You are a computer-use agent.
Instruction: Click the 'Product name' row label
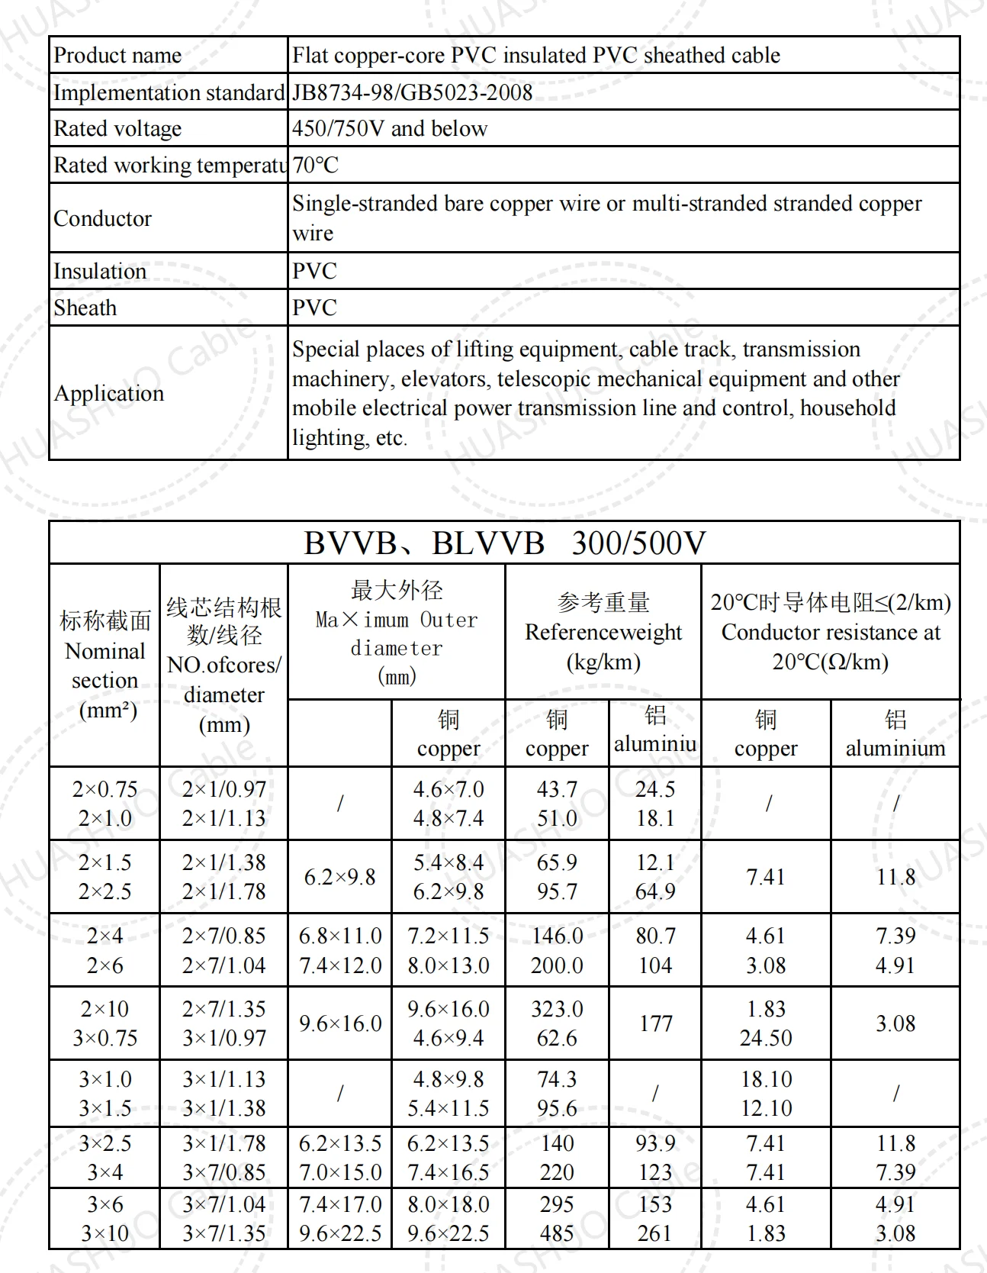[x=117, y=55]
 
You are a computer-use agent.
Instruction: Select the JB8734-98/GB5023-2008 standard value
[x=412, y=92]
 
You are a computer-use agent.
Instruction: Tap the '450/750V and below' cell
[x=389, y=128]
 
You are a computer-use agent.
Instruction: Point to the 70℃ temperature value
[x=315, y=165]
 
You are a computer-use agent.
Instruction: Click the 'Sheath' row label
[x=85, y=308]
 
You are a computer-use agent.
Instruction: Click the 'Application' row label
[x=109, y=393]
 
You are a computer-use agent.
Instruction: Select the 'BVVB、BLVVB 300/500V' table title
[x=504, y=543]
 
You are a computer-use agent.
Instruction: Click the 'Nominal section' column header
[x=105, y=666]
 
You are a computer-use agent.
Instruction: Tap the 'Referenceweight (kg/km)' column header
[x=603, y=632]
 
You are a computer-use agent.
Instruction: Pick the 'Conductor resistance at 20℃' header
[x=831, y=632]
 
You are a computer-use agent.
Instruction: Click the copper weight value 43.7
[x=557, y=789]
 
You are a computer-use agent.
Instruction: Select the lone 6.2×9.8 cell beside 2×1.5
[x=339, y=877]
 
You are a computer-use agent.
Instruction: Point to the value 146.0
[x=557, y=936]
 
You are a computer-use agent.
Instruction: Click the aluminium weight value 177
[x=655, y=1023]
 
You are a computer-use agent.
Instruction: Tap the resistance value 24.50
[x=766, y=1038]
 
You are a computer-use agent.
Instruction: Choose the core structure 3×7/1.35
[x=224, y=1233]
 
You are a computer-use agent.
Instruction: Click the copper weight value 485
[x=557, y=1233]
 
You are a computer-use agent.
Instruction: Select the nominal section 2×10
[x=105, y=1009]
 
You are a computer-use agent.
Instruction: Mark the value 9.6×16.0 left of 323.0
[x=448, y=1009]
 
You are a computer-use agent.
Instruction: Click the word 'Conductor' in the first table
[x=102, y=218]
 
